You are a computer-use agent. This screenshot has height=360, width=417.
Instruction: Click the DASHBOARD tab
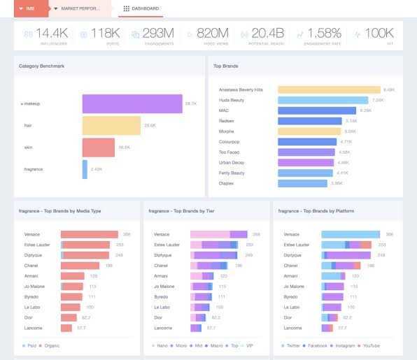coord(141,8)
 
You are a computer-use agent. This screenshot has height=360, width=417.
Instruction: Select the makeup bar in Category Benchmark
coord(132,103)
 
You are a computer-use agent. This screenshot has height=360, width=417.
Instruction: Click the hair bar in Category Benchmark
coord(111,126)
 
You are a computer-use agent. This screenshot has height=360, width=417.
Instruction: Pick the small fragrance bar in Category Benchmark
coord(85,169)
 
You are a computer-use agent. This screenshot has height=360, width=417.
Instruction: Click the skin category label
coord(28,147)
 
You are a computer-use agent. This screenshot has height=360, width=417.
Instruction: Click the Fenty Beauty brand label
coord(232,173)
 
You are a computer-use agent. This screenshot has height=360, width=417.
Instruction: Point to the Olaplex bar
coord(302,183)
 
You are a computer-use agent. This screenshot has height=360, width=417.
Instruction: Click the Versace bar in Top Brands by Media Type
coord(89,234)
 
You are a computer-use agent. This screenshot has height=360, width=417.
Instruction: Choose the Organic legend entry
coord(50,345)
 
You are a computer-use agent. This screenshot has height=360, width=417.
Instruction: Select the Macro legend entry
coord(215,345)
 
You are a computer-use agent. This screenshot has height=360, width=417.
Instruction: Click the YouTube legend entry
coord(369,345)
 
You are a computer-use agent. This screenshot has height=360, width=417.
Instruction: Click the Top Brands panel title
coord(225,66)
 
